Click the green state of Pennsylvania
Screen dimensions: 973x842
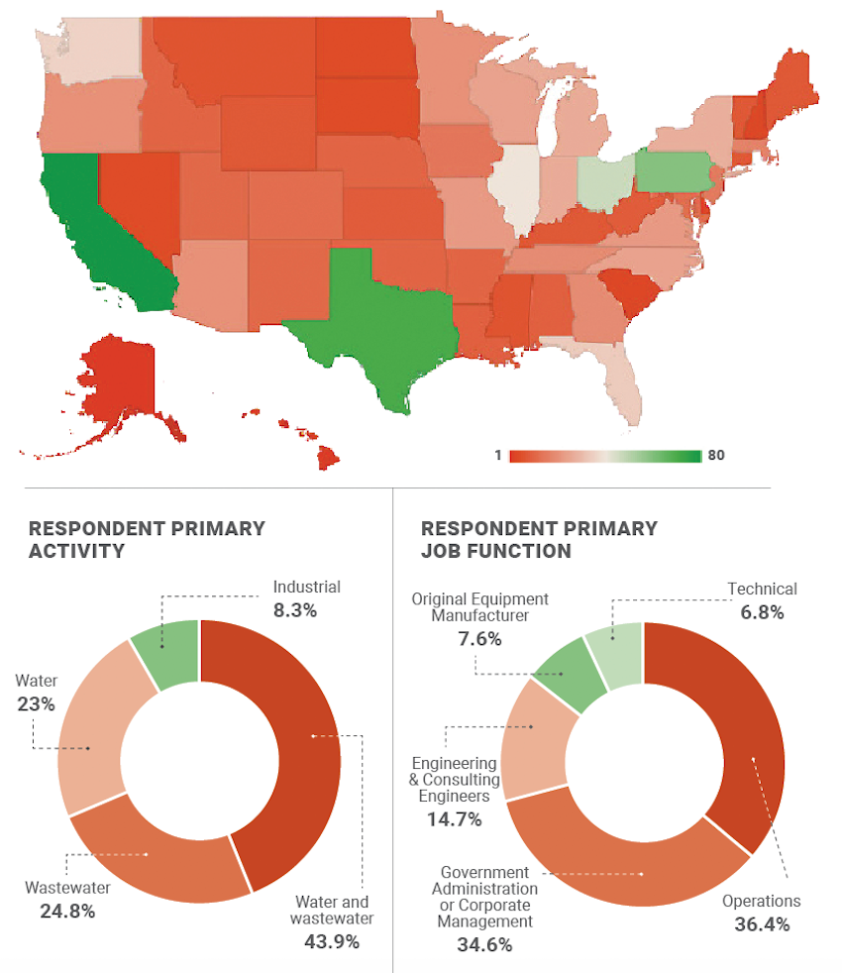click(x=678, y=171)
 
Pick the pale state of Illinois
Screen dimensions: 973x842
click(x=516, y=188)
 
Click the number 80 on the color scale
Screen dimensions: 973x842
click(x=717, y=456)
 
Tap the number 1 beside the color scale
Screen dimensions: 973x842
click(x=497, y=456)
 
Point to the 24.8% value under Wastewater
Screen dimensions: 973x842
click(x=60, y=911)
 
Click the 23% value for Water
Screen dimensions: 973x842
click(x=36, y=704)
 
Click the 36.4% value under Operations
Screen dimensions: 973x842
click(x=761, y=925)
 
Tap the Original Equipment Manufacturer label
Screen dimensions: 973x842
click(x=479, y=607)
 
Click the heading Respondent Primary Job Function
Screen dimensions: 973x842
click(x=539, y=539)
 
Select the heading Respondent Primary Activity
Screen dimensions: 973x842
click(x=147, y=539)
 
